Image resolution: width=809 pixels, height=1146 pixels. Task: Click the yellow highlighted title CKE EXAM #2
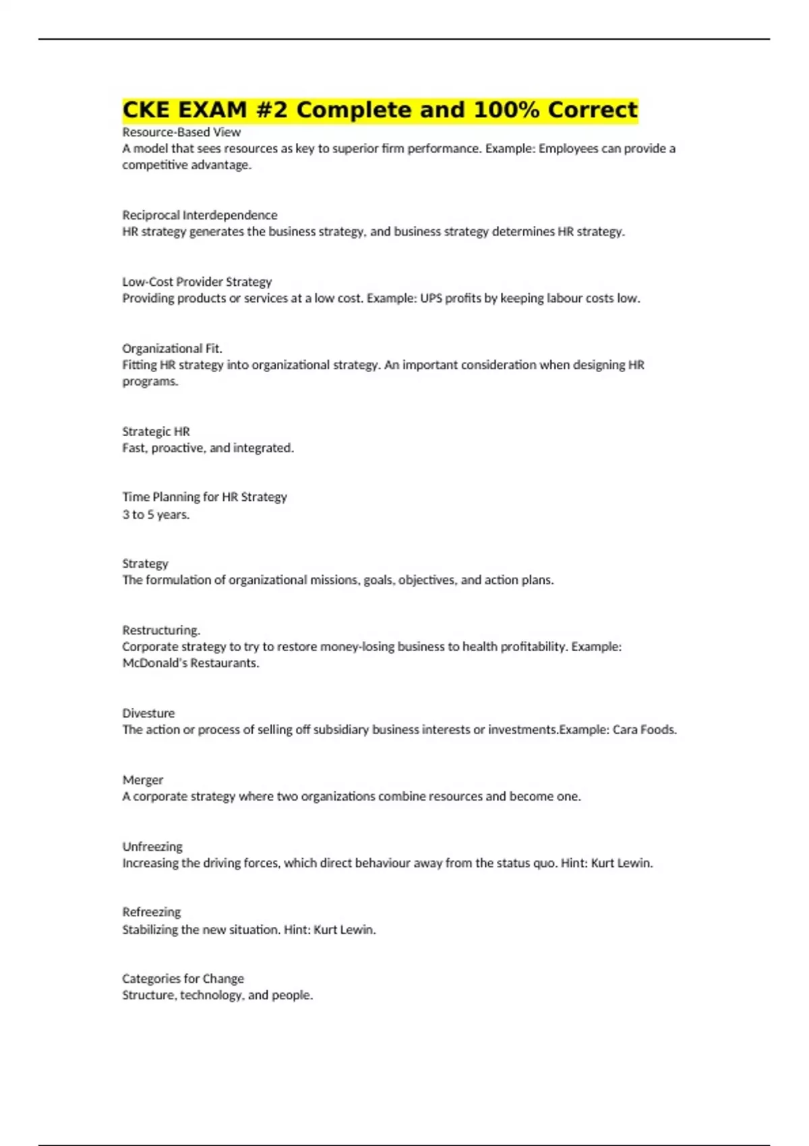point(380,110)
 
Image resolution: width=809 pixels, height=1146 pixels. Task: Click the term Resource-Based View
point(181,132)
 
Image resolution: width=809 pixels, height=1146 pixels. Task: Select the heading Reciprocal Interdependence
point(200,215)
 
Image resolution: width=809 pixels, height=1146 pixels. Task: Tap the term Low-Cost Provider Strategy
point(197,282)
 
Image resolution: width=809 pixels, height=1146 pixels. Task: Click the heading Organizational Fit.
point(172,349)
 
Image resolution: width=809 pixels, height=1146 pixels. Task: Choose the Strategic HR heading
point(156,431)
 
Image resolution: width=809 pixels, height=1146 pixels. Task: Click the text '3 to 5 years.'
point(156,514)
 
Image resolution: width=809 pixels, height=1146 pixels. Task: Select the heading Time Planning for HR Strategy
point(204,497)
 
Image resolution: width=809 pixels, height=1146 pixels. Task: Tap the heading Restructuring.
point(161,630)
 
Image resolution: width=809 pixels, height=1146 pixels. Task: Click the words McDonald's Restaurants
point(190,663)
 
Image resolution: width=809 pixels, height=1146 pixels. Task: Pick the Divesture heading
point(148,713)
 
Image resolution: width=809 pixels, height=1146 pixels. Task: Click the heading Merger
point(143,780)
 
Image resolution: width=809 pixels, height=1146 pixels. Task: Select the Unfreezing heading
point(152,847)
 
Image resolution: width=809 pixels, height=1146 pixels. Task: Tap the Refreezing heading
point(152,912)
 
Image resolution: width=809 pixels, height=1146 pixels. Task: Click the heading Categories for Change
point(183,978)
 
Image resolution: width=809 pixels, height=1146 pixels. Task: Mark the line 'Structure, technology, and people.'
point(218,995)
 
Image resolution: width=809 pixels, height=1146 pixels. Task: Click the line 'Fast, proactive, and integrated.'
point(208,448)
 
